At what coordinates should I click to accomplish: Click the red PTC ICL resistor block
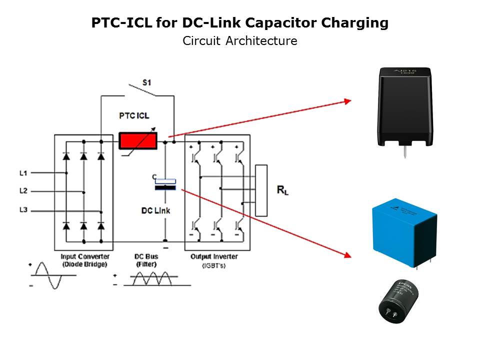(136, 140)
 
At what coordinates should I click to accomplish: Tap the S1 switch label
(146, 82)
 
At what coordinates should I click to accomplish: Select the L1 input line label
(23, 173)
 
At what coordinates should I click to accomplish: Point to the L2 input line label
(23, 191)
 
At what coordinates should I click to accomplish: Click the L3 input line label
(23, 210)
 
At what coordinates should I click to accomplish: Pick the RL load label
(282, 190)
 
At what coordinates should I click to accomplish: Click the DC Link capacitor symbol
(165, 184)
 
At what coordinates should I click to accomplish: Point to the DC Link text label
(155, 210)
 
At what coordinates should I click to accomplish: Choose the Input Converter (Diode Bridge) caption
(84, 260)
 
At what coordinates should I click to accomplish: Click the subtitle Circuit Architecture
(239, 41)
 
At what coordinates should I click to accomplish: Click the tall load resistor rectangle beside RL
(261, 190)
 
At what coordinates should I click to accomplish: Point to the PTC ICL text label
(134, 116)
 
